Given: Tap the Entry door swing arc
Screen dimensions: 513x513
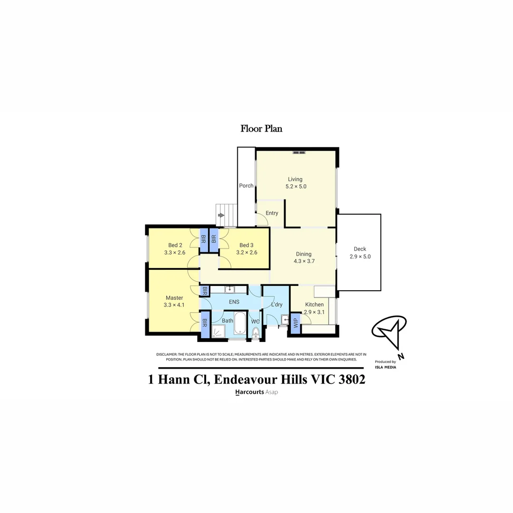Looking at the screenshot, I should click(x=261, y=220).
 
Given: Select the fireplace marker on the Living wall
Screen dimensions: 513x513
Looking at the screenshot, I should click(x=299, y=152).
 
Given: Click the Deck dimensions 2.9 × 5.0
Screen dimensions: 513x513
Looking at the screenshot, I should click(x=360, y=256).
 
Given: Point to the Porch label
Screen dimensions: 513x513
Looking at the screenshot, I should click(x=246, y=186).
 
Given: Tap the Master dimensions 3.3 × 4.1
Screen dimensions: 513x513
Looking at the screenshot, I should click(x=174, y=305).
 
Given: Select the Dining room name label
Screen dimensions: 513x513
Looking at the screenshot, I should click(x=304, y=254).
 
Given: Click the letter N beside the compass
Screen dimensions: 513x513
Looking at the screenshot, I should click(x=401, y=356).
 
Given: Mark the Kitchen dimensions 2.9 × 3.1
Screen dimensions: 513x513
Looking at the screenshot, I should click(x=314, y=312).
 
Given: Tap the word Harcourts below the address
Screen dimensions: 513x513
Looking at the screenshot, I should click(x=249, y=392).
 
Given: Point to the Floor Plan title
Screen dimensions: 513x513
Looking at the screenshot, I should click(x=261, y=128).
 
